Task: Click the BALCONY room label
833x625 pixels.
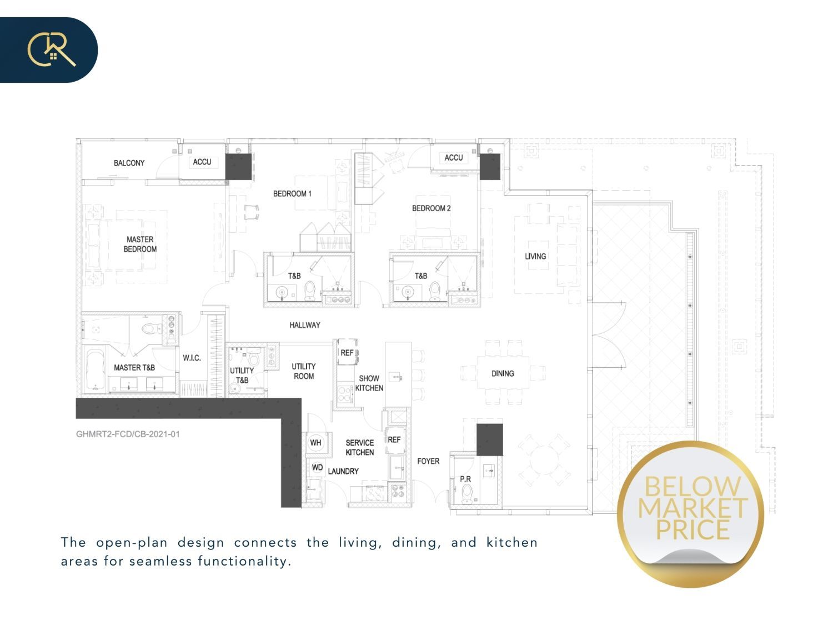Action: coord(129,163)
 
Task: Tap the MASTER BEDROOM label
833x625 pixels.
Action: coord(140,244)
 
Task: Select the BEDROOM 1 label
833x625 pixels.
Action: coord(292,193)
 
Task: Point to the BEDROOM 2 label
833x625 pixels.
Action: coord(431,208)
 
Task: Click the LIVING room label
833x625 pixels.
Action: coord(535,256)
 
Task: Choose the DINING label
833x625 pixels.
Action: coord(503,373)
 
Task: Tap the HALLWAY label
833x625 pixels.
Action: coord(305,325)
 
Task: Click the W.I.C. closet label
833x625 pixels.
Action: coord(192,358)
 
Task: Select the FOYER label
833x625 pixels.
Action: coord(428,461)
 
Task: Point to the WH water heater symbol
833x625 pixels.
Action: coord(316,442)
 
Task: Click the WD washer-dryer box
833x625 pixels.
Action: coord(317,468)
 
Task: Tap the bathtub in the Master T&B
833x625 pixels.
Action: coord(95,369)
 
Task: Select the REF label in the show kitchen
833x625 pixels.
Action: coord(347,353)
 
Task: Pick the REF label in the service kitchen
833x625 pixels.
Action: coord(394,439)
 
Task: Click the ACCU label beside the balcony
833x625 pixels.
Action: coord(202,162)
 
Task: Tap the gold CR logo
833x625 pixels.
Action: coord(52,50)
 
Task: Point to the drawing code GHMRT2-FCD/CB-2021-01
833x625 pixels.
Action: coord(128,434)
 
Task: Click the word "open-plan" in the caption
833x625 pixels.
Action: coord(132,543)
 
